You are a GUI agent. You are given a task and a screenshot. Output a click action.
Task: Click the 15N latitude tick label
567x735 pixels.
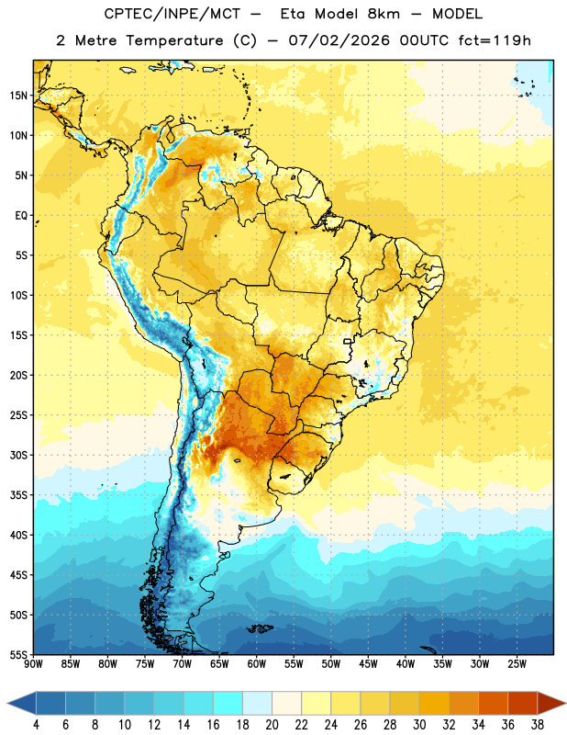[18, 96]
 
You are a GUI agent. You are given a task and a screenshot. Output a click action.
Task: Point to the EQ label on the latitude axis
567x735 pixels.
[21, 216]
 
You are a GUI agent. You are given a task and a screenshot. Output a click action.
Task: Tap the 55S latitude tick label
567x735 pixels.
[18, 654]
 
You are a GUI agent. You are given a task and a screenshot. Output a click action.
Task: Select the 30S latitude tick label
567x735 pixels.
[18, 455]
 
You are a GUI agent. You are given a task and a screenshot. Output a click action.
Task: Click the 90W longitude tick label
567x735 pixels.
[33, 663]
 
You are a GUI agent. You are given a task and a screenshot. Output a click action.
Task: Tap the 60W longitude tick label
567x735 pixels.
[257, 663]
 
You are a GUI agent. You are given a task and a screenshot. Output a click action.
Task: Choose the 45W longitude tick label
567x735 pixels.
[368, 663]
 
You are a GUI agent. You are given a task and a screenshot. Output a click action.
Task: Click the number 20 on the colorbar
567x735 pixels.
[272, 725]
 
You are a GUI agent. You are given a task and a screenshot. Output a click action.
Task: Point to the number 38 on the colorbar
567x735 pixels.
[538, 725]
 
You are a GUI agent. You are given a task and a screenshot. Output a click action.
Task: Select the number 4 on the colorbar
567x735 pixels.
[36, 725]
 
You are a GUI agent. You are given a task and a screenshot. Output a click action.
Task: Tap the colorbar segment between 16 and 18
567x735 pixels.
[228, 702]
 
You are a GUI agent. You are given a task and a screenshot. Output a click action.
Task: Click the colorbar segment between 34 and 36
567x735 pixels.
[493, 702]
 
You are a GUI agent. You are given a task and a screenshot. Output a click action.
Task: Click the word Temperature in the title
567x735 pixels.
[175, 40]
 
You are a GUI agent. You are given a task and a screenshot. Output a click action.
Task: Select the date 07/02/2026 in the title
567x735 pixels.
[339, 40]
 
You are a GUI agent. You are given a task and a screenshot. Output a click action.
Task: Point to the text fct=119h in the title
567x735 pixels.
[495, 40]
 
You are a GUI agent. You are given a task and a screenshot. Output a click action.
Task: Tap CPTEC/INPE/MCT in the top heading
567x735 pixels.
[172, 14]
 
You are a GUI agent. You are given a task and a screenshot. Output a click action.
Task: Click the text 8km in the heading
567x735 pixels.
[384, 14]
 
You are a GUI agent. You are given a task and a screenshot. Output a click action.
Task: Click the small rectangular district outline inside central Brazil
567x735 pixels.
[348, 341]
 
